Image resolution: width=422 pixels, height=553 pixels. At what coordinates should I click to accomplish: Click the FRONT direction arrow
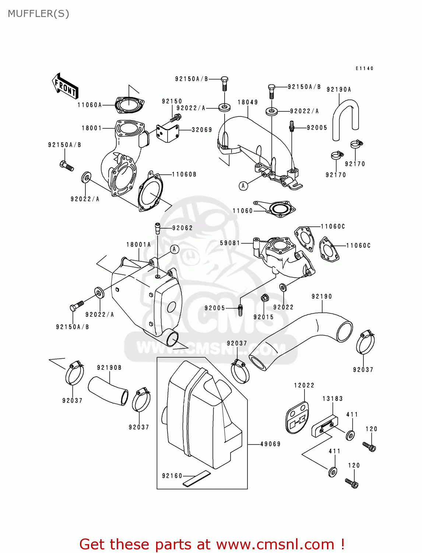pyautogui.click(x=65, y=86)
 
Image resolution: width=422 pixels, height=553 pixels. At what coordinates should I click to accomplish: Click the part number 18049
pyautogui.click(x=248, y=102)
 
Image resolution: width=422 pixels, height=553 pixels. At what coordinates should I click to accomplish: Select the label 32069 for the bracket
pyautogui.click(x=202, y=130)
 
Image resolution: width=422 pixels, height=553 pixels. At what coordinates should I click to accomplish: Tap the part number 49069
pyautogui.click(x=270, y=444)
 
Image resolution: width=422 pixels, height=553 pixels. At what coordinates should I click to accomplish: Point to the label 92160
pyautogui.click(x=172, y=476)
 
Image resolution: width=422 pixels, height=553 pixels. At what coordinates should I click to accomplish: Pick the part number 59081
pyautogui.click(x=230, y=243)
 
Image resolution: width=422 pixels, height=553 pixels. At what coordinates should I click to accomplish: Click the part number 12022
pyautogui.click(x=304, y=385)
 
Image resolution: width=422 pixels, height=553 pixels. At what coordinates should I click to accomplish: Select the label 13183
pyautogui.click(x=333, y=399)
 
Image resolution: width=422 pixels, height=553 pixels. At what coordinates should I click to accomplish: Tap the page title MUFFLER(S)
pyautogui.click(x=38, y=14)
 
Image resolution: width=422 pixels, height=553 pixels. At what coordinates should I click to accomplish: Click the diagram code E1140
pyautogui.click(x=364, y=69)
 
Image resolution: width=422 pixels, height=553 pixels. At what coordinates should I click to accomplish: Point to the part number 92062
pyautogui.click(x=182, y=228)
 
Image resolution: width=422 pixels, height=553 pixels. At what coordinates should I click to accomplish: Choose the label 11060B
pyautogui.click(x=184, y=174)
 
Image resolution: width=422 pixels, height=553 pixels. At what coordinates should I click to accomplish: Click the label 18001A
pyautogui.click(x=138, y=244)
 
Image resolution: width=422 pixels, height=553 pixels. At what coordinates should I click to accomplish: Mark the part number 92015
pyautogui.click(x=263, y=317)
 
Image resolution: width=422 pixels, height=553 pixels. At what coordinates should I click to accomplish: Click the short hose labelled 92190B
pyautogui.click(x=108, y=390)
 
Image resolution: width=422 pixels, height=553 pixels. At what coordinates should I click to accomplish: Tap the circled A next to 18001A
pyautogui.click(x=175, y=249)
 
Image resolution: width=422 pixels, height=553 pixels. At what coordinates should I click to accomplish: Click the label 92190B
pyautogui.click(x=109, y=368)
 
